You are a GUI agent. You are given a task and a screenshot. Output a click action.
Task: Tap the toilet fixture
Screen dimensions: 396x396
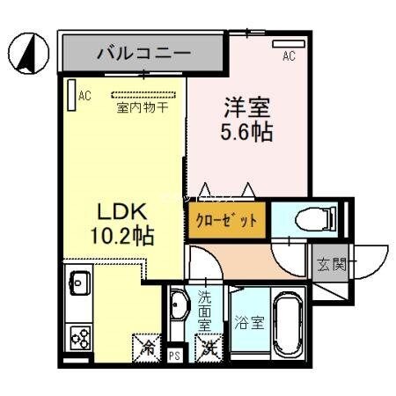[297, 219]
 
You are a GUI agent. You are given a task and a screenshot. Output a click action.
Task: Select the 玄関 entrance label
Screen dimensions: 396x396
[330, 262]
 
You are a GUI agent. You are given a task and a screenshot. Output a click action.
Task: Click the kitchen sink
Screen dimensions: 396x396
[76, 287]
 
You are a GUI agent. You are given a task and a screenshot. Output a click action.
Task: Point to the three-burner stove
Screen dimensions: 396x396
[78, 338]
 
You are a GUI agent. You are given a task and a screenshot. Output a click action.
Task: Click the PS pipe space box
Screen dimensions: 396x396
[173, 354]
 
